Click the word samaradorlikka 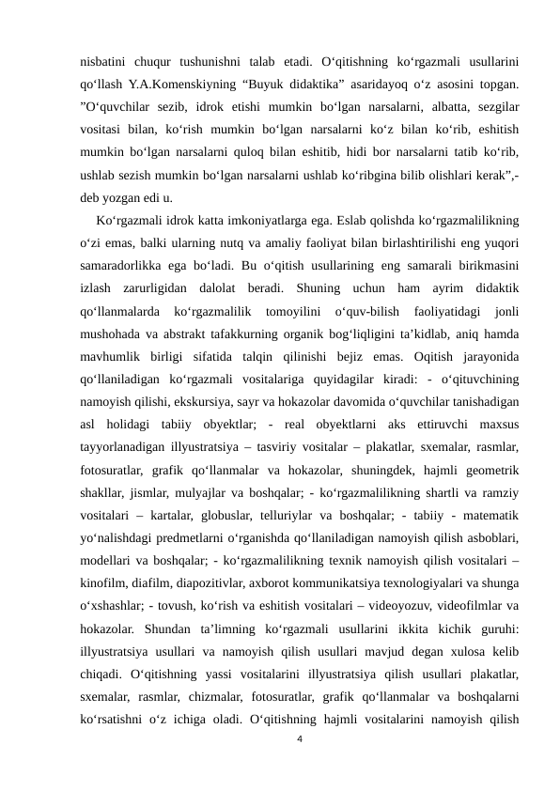(121, 267)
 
